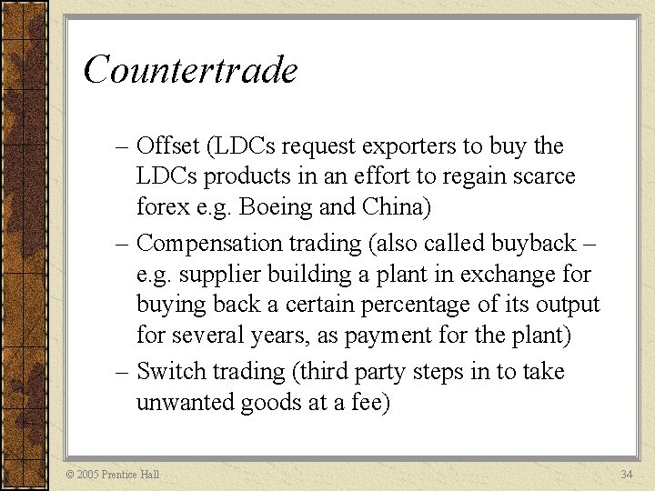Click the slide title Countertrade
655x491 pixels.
190,70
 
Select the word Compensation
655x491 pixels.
210,244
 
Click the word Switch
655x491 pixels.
172,372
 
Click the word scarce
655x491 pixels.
542,175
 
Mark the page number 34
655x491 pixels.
626,475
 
